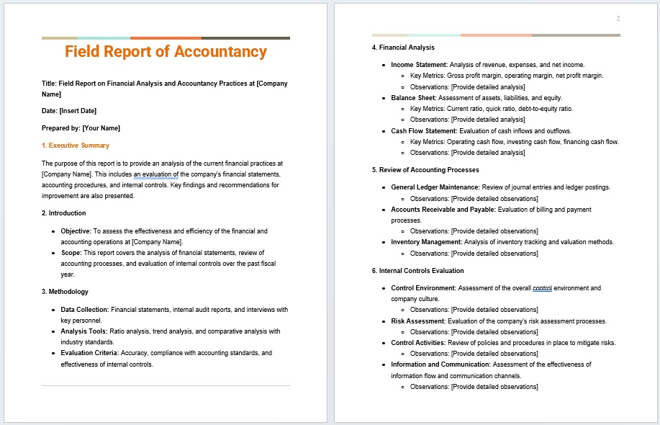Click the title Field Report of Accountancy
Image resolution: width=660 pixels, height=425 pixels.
166,52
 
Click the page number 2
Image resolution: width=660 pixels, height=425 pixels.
618,19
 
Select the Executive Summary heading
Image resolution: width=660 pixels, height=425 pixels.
76,146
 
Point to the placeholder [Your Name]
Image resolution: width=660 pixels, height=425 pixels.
101,128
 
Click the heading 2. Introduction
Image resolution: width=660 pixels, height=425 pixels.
64,213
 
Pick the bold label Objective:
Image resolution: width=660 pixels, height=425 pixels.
76,231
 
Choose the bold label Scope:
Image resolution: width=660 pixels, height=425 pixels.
71,253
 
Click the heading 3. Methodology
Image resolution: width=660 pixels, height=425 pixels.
65,292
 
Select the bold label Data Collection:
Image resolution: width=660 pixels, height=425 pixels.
84,310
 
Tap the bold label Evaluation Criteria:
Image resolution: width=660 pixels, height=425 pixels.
90,354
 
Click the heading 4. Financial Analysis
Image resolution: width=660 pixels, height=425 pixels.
403,48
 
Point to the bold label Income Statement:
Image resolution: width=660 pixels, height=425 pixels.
419,65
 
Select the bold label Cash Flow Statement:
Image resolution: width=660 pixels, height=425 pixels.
424,131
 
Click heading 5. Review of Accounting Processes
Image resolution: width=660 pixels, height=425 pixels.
425,170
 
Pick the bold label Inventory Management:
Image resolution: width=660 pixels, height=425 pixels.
426,242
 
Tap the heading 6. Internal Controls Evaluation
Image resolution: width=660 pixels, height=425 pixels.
417,271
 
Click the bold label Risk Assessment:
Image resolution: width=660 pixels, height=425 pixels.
418,321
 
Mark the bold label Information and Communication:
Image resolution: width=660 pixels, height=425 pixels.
440,364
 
